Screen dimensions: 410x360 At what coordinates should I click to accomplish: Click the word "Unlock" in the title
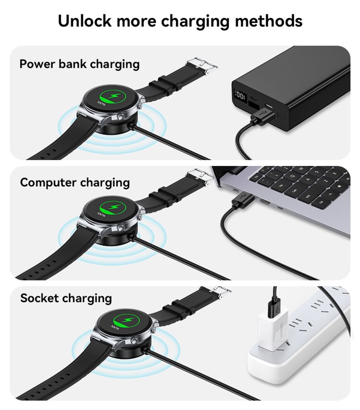pyautogui.click(x=84, y=21)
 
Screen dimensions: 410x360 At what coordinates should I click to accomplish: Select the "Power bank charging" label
pyautogui.click(x=80, y=64)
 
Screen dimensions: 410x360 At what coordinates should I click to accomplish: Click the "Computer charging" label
pyautogui.click(x=75, y=182)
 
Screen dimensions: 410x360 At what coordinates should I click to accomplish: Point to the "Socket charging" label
pyautogui.click(x=66, y=298)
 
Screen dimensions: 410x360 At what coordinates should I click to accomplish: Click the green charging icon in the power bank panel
pyautogui.click(x=113, y=97)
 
